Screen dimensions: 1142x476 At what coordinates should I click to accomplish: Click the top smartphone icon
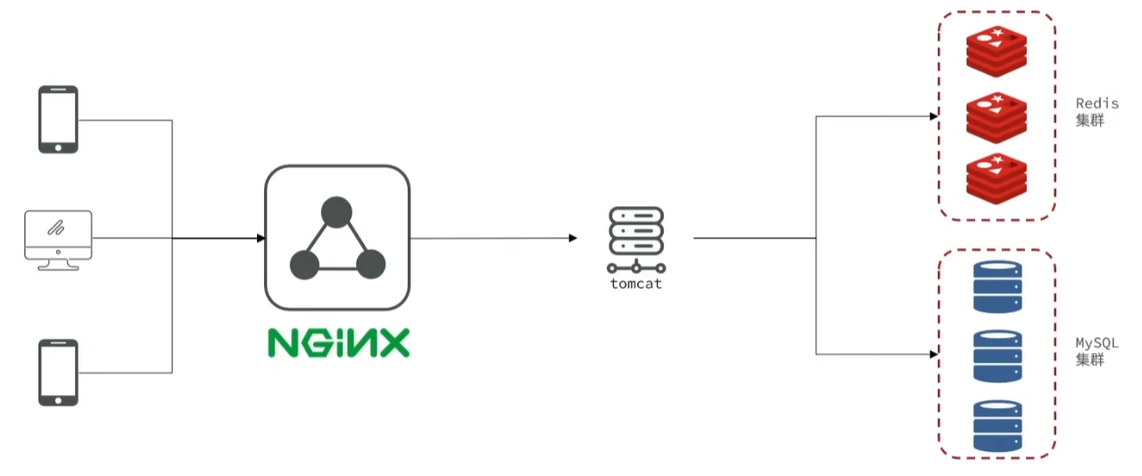(x=58, y=119)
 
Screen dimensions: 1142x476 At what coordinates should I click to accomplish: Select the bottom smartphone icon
(x=58, y=373)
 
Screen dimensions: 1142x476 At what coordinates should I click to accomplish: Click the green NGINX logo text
(x=338, y=343)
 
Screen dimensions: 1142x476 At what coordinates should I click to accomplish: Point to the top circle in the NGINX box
(x=336, y=212)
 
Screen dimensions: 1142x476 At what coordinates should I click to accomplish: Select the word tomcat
(x=635, y=284)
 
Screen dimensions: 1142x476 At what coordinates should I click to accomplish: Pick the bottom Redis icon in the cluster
(x=997, y=176)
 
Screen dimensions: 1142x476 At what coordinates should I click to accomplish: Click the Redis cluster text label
(x=1096, y=111)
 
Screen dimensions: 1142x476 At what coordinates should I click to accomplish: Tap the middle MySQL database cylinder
(x=997, y=357)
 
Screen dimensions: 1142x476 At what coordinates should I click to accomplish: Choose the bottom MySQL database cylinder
(x=997, y=426)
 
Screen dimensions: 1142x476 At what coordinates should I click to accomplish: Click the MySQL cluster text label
(x=1096, y=351)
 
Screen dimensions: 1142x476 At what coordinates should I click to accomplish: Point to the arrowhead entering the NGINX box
(x=261, y=238)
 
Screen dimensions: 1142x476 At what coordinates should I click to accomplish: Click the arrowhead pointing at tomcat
(x=573, y=238)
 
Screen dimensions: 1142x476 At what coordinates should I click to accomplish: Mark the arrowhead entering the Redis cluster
(x=932, y=115)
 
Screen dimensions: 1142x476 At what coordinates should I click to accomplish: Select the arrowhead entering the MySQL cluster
(x=932, y=354)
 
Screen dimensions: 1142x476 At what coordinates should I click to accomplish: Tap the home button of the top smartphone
(x=58, y=146)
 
